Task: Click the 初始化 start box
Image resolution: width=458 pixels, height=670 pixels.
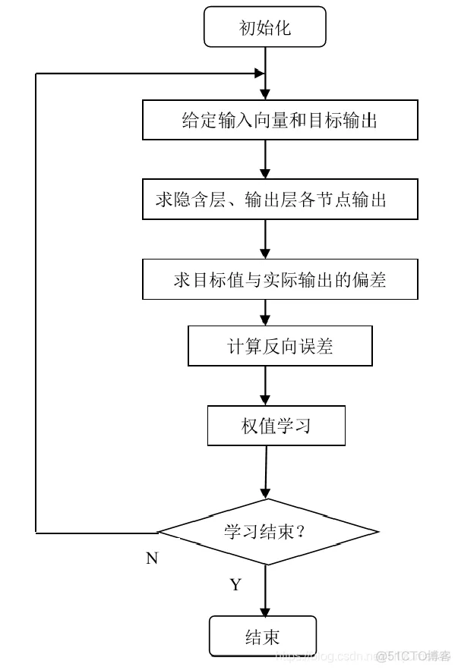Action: click(x=264, y=28)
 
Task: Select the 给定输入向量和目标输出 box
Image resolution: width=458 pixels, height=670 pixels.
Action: click(x=280, y=121)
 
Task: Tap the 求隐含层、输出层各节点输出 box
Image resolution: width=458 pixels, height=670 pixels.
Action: click(x=280, y=200)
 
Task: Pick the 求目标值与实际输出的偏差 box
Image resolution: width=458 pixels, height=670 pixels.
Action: click(x=280, y=279)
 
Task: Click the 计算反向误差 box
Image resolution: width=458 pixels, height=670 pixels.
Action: click(x=280, y=347)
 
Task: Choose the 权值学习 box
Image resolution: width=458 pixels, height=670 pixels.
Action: click(x=276, y=426)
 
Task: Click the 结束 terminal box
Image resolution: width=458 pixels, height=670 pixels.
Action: click(x=263, y=637)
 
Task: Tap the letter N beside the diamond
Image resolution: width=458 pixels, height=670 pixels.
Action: click(x=152, y=558)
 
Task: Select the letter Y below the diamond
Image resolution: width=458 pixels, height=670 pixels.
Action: click(x=235, y=585)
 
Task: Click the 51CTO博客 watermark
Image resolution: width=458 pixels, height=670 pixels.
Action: click(x=413, y=656)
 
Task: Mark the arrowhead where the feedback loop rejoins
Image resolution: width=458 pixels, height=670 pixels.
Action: click(x=259, y=74)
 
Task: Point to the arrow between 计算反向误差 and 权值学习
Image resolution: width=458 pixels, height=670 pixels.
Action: click(x=265, y=387)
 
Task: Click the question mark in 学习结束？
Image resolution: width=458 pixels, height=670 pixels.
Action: click(x=300, y=531)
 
